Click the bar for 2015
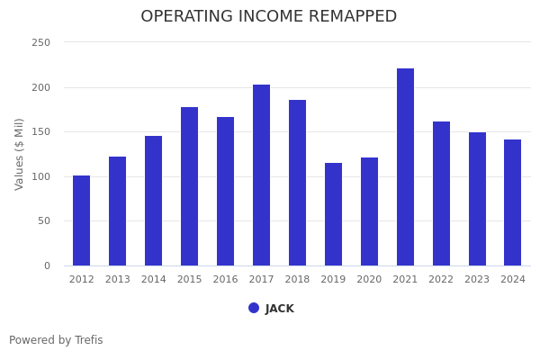click(190, 186)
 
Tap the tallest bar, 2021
click(405, 166)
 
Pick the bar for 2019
click(333, 214)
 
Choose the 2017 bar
click(261, 175)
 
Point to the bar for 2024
click(512, 202)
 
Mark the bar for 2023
click(477, 199)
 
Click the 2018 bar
click(297, 183)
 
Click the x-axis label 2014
click(154, 280)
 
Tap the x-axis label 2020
click(369, 280)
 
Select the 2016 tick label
click(225, 280)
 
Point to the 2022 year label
click(441, 280)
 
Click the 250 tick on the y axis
click(40, 43)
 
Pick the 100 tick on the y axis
click(40, 176)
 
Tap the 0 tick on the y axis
click(47, 265)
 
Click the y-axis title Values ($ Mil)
click(20, 154)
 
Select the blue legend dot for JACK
click(254, 308)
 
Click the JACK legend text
click(280, 309)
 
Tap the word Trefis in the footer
click(87, 340)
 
